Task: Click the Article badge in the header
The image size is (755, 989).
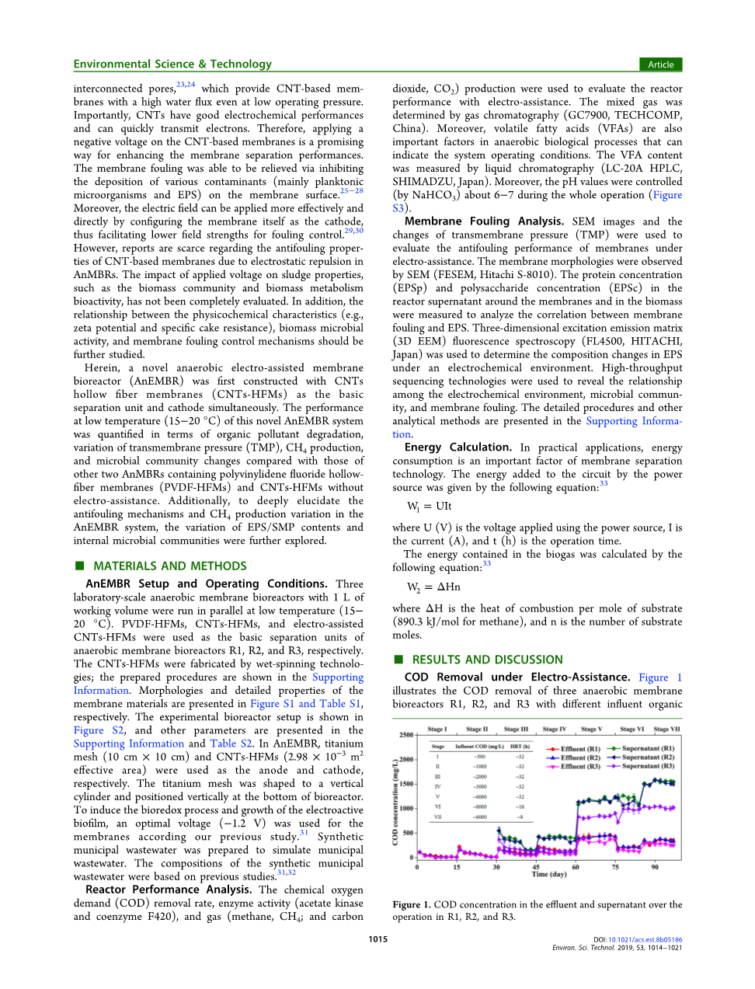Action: coord(660,64)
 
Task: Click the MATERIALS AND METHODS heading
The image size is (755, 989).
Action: coord(169,566)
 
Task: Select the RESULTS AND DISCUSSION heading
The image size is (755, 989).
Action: coord(487,660)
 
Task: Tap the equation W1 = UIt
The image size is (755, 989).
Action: coord(430,507)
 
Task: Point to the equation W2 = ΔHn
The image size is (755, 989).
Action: coord(433,587)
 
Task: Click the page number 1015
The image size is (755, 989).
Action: coord(377,939)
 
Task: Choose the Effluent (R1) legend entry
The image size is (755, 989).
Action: coord(574,749)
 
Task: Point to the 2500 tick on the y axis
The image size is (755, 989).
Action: coord(406,735)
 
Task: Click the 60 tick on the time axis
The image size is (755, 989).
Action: coord(576,867)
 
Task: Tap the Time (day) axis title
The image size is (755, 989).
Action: coord(548,875)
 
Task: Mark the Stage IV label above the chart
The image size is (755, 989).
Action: coord(555,730)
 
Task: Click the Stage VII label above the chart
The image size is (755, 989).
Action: coord(666,730)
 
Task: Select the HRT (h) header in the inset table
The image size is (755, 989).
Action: coord(520,747)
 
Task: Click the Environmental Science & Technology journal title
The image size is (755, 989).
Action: coord(172,64)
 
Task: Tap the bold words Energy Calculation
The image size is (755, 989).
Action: coord(458,447)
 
